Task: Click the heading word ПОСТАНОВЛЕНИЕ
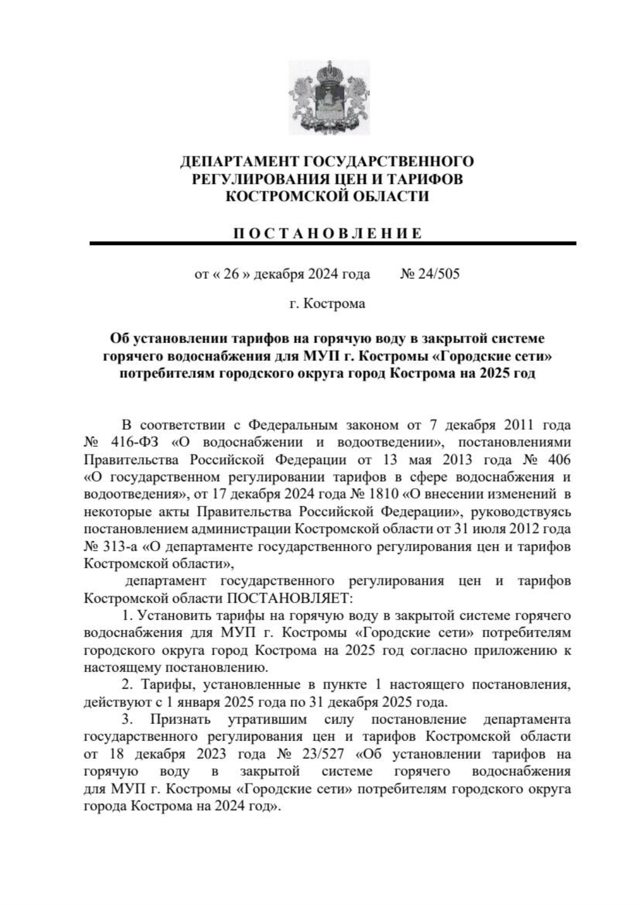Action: point(328,233)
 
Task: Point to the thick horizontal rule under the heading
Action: point(333,244)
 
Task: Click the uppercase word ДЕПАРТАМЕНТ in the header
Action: point(239,161)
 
